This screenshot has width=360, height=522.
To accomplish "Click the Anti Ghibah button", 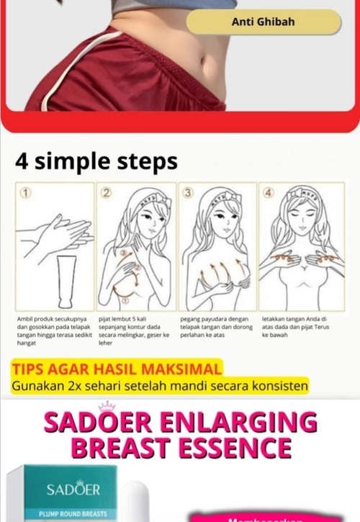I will tap(263, 22).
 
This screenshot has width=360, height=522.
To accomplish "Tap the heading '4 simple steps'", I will tap(96, 161).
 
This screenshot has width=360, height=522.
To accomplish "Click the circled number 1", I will tap(27, 193).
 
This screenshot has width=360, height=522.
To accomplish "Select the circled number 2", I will tap(107, 193).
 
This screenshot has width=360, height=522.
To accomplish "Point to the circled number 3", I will tap(189, 193).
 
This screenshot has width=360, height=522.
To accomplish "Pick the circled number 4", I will tap(269, 193).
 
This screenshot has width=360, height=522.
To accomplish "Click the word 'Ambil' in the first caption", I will tap(27, 318).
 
